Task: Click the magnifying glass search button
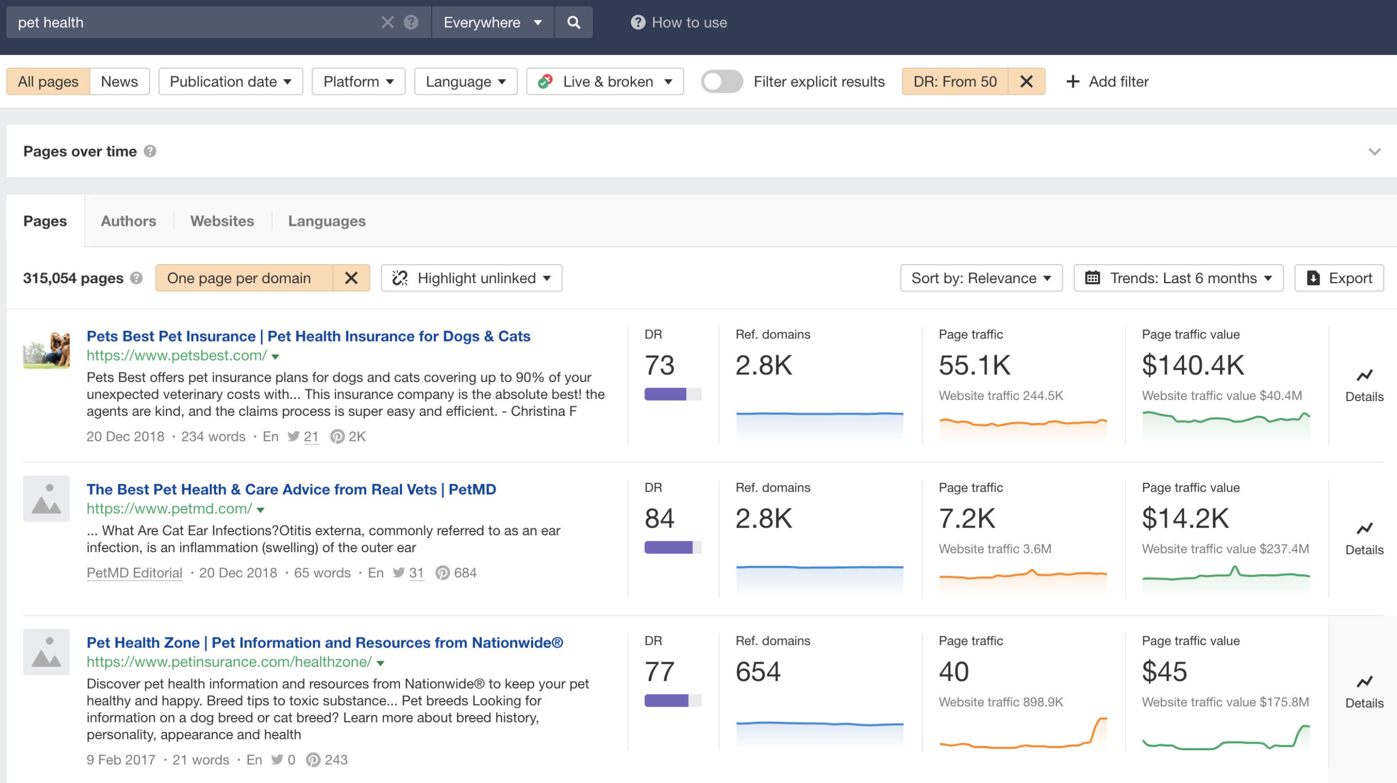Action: [573, 22]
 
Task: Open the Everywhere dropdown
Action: [492, 22]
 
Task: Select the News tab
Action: [119, 81]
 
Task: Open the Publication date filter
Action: [230, 81]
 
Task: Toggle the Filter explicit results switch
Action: [721, 81]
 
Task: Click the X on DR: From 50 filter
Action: [1026, 81]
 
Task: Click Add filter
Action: [1108, 81]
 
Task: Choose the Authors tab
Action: [128, 221]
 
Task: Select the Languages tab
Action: [326, 221]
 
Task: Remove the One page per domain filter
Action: [351, 278]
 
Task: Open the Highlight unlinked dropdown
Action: [471, 278]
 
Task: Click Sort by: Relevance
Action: [981, 278]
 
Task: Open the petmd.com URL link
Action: [169, 509]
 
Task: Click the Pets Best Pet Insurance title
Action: [308, 336]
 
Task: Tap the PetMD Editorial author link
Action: [134, 573]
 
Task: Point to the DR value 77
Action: [659, 672]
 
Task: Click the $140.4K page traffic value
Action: [1193, 365]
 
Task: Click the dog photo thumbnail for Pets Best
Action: [46, 350]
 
